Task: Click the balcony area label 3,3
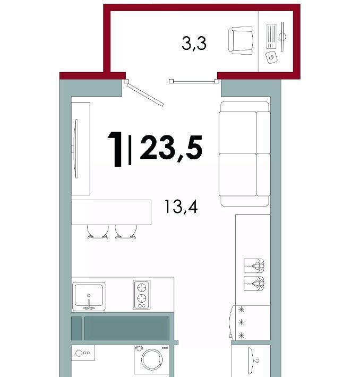[194, 44]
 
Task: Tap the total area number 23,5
[171, 148]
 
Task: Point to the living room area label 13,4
[181, 207]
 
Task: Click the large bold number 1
[115, 149]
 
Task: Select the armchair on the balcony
[241, 40]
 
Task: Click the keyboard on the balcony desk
[271, 36]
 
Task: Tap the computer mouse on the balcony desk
[272, 57]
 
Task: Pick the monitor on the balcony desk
[282, 37]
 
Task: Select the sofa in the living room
[245, 153]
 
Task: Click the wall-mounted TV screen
[76, 149]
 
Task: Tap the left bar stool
[98, 232]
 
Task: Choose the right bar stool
[125, 232]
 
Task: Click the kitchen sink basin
[89, 295]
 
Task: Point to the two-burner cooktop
[142, 295]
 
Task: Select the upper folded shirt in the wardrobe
[254, 265]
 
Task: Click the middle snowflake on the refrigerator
[241, 322]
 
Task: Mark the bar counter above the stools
[111, 212]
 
